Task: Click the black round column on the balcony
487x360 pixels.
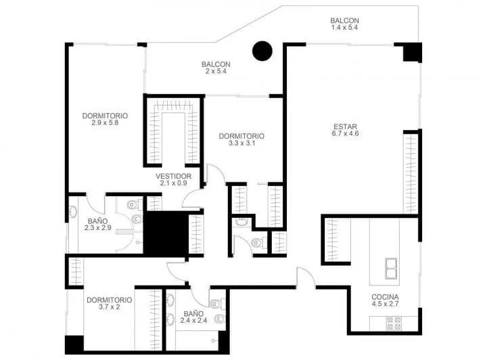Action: pos(262,51)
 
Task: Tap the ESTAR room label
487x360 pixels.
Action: pos(345,127)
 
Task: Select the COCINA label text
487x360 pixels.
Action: pos(385,297)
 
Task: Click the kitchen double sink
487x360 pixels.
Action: pos(391,269)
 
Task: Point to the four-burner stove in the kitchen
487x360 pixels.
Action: pos(394,323)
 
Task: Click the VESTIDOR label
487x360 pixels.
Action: pos(173,176)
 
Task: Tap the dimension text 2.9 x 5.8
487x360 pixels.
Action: pos(105,122)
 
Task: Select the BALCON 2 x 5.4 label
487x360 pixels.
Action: pos(216,68)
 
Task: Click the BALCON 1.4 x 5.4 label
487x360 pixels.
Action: pos(344,24)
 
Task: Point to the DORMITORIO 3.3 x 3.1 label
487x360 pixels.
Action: pos(241,139)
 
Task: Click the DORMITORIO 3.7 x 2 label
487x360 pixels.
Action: pos(110,303)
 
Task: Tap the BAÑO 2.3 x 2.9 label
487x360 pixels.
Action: pos(98,224)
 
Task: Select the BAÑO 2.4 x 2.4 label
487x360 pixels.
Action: pos(194,317)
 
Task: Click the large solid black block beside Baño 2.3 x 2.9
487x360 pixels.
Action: pos(166,233)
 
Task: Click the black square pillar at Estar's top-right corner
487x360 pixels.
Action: pos(412,52)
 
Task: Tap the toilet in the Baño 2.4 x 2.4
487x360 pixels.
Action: pos(217,303)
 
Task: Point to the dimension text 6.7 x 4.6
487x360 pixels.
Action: pos(346,133)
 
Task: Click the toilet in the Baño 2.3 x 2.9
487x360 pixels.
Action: pos(134,204)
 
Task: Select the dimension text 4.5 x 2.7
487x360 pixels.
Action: pos(385,304)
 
